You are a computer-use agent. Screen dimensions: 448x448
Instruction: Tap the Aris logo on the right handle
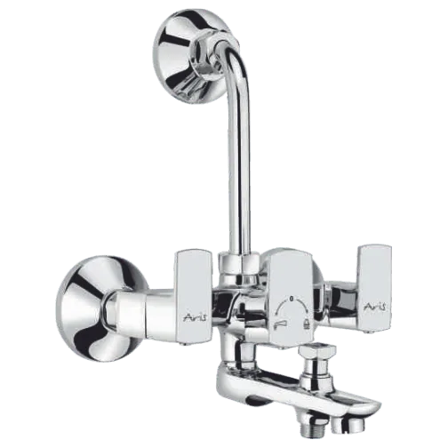pyautogui.click(x=376, y=307)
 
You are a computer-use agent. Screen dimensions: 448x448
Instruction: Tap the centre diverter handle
pyautogui.click(x=292, y=300)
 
